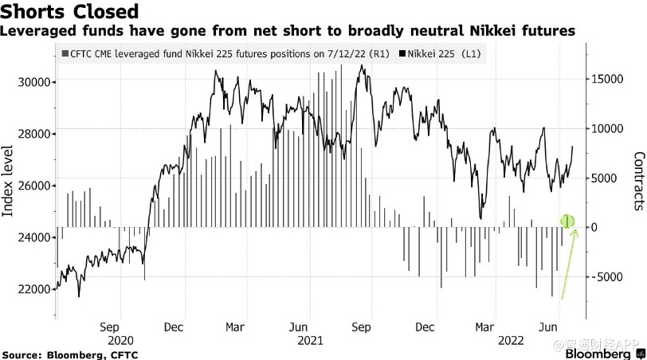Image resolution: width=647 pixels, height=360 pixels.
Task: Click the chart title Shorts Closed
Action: tap(70, 12)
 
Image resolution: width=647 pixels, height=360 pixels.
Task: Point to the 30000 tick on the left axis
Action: tap(34, 82)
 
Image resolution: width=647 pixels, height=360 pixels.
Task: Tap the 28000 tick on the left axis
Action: tap(34, 134)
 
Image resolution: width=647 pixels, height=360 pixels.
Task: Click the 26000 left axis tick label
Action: tap(34, 186)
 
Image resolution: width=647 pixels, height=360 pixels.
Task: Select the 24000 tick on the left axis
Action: tap(34, 237)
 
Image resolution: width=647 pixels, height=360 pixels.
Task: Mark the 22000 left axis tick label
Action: tap(34, 289)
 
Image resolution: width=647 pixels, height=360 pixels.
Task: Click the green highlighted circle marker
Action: tap(567, 221)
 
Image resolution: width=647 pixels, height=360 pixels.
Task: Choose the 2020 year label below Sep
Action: tap(112, 340)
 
